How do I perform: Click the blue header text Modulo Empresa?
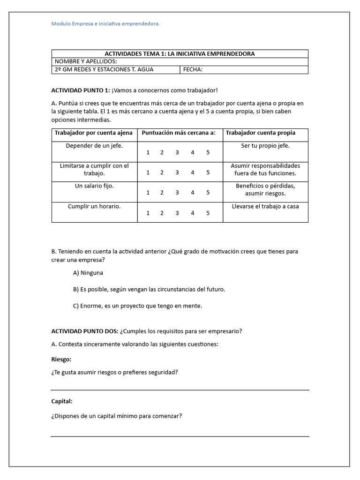click(x=105, y=24)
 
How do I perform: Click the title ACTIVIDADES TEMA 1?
click(x=180, y=54)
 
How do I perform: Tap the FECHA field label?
click(x=193, y=70)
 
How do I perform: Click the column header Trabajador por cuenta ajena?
click(x=94, y=133)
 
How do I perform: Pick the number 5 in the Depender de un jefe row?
click(x=208, y=152)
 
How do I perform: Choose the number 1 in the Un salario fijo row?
click(x=148, y=193)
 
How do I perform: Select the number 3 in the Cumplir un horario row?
click(x=177, y=213)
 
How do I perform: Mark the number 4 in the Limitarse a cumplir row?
click(x=192, y=172)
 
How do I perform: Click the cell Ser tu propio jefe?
click(x=265, y=146)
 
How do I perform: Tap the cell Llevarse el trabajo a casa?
click(x=265, y=206)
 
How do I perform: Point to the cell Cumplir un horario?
click(x=94, y=206)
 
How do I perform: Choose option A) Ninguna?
click(x=88, y=273)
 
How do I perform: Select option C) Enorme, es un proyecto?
click(x=137, y=306)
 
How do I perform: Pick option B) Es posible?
click(x=149, y=290)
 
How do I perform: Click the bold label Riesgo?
click(x=61, y=360)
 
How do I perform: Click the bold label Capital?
click(x=62, y=401)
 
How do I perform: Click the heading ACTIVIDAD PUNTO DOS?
click(x=84, y=331)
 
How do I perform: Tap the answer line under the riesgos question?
click(x=180, y=390)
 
